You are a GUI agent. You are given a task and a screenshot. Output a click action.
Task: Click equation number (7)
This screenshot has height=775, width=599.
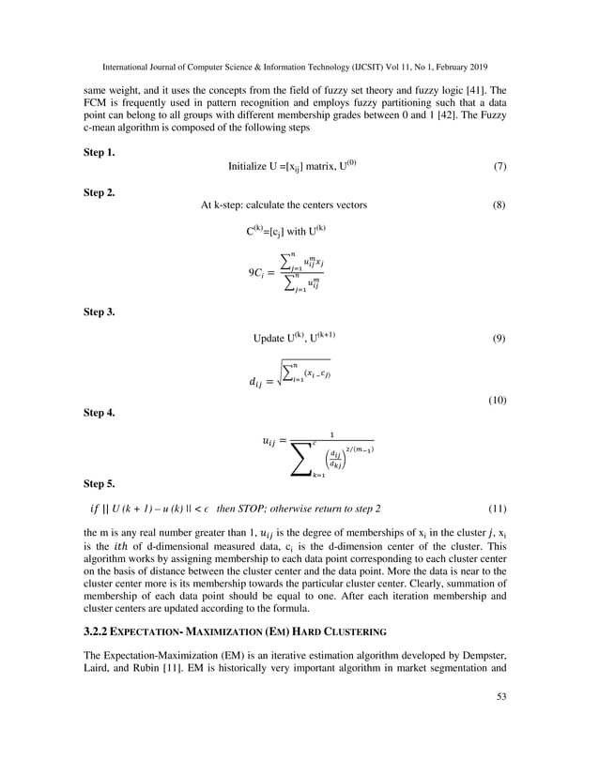pos(499,166)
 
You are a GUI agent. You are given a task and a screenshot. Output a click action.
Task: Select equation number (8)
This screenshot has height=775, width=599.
pos(499,205)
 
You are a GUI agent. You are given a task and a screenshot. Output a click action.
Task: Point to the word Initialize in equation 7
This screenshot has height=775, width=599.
pos(250,166)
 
